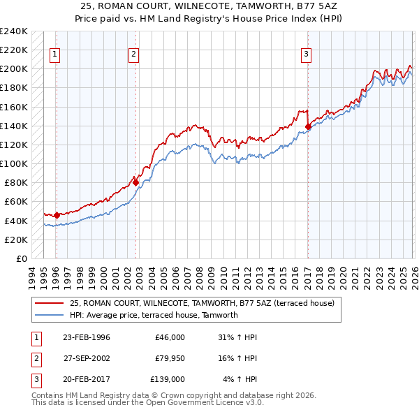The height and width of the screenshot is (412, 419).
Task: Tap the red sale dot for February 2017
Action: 308,126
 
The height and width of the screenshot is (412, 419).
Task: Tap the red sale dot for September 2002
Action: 136,182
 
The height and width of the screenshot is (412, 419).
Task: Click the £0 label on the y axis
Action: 21,258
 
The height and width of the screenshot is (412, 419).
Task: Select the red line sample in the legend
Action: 50,303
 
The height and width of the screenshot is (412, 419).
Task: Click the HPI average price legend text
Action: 154,315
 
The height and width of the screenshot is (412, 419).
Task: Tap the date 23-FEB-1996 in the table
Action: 87,337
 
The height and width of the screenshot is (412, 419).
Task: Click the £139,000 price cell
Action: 168,379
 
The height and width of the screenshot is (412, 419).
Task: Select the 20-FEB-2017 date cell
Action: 87,379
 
